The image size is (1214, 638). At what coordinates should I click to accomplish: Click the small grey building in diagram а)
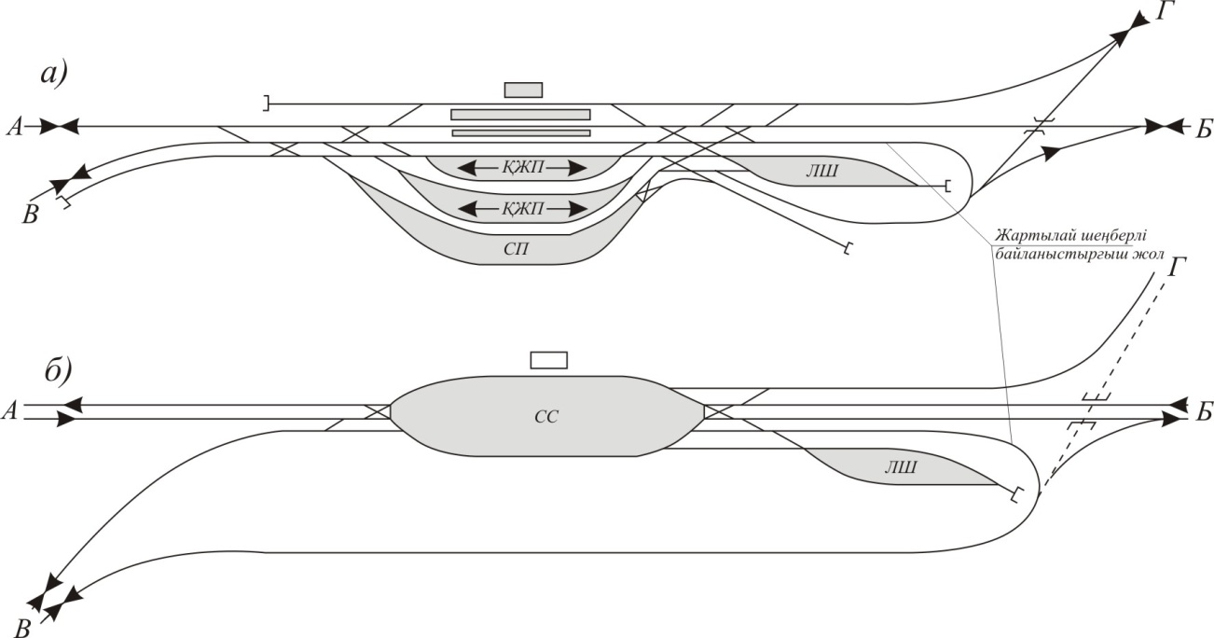click(523, 90)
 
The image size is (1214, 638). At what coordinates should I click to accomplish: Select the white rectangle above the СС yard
click(548, 360)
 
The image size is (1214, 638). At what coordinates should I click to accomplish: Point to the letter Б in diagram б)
click(1205, 411)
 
